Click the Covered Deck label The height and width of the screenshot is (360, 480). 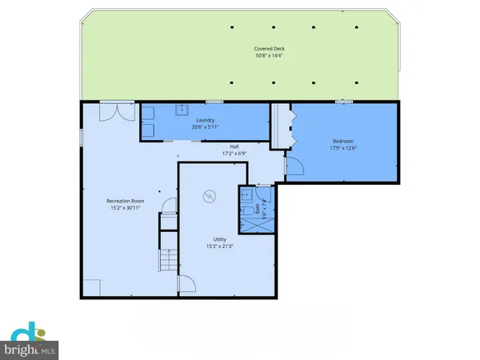[x=270, y=49]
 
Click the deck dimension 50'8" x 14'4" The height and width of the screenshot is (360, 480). [x=270, y=56]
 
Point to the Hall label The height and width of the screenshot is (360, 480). [x=234, y=146]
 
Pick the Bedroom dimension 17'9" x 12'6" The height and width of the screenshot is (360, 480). [x=344, y=147]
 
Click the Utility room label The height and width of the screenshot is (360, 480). [x=219, y=238]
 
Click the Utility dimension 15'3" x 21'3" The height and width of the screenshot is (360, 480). [x=219, y=246]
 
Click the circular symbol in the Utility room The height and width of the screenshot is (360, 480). [x=210, y=195]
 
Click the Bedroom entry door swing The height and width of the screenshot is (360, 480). [x=293, y=166]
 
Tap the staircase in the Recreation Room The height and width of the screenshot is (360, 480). [x=167, y=260]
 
